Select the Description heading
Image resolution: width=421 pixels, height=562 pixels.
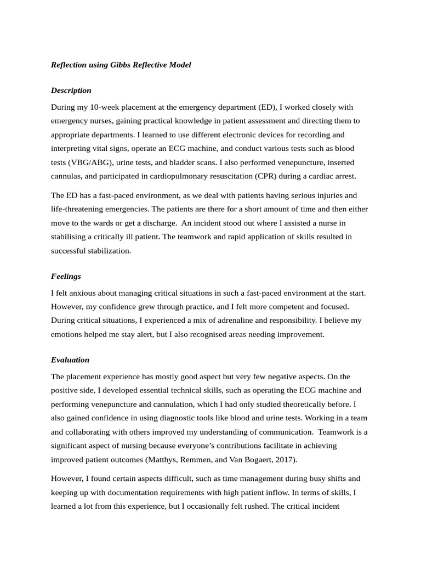71,90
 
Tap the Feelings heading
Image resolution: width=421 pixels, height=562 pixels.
66,276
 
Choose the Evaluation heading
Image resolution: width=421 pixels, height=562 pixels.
70,360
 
